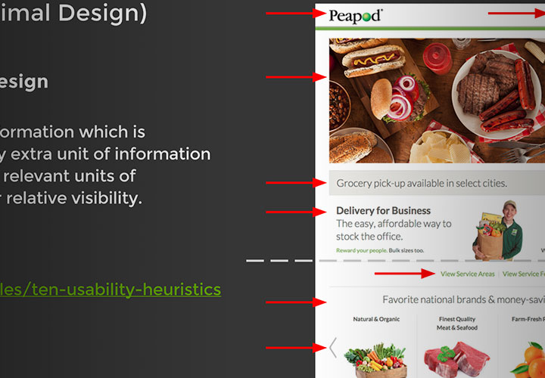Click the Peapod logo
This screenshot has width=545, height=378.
coord(356,15)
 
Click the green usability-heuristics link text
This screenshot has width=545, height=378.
coord(110,290)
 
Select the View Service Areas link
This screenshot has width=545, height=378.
coord(468,274)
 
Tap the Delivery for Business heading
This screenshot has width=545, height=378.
coord(383,211)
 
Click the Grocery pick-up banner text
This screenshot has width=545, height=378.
coord(422,183)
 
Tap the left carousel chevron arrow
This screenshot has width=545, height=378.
coord(332,348)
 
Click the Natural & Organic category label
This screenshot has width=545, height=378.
coord(375,319)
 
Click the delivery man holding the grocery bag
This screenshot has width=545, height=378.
coord(500,231)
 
